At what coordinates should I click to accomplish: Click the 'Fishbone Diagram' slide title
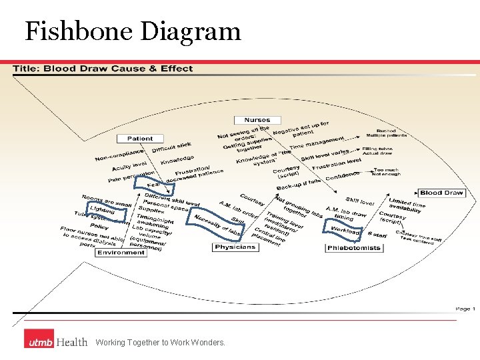[133, 31]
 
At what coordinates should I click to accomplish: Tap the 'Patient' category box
[140, 139]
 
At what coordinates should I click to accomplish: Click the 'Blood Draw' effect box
[441, 193]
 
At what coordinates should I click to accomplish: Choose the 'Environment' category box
[121, 253]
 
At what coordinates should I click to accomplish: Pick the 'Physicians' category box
[235, 247]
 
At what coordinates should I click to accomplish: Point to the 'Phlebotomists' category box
[355, 248]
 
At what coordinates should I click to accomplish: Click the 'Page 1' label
[465, 309]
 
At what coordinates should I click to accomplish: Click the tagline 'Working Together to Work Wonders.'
[160, 343]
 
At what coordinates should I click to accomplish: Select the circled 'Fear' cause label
[153, 183]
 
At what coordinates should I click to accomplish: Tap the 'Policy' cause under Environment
[99, 227]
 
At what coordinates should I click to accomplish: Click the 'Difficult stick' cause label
[171, 147]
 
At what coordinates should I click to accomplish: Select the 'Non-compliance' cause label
[119, 155]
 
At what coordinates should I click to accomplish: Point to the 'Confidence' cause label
[343, 176]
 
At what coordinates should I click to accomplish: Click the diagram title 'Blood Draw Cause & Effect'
[103, 68]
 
